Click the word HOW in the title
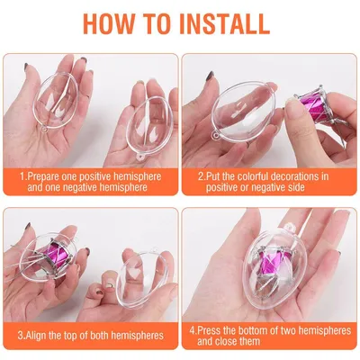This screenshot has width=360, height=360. [108, 23]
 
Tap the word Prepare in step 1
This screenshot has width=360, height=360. [42, 176]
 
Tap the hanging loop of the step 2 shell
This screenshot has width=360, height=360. [217, 137]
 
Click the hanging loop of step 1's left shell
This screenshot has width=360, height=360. [45, 130]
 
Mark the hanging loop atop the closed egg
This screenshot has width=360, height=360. [290, 227]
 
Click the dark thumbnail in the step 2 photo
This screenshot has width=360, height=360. [210, 76]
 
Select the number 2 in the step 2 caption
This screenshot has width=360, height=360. [201, 176]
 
